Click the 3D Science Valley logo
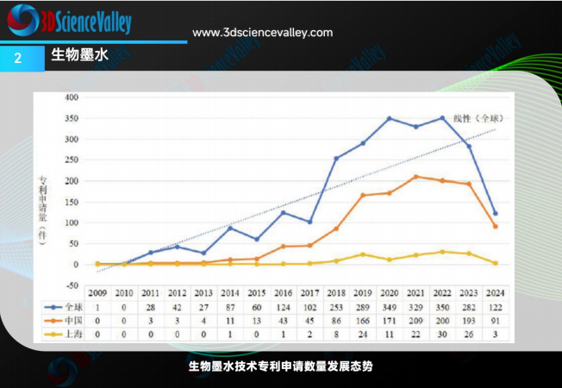point(69,20)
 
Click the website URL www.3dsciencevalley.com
point(262,32)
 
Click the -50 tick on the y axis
point(72,285)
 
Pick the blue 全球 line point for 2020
point(390,119)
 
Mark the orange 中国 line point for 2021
point(416,177)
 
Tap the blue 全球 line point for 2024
point(496,213)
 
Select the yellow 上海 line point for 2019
point(363,254)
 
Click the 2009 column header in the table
point(97,294)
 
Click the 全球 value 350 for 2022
point(443,306)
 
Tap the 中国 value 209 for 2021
point(416,318)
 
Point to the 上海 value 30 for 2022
point(443,330)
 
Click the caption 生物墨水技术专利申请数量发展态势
point(281,366)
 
